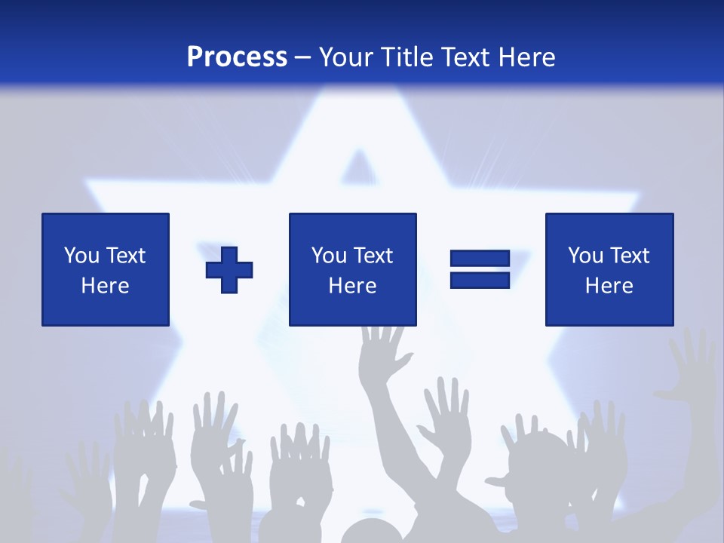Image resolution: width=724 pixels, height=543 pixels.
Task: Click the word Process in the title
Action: coord(237,57)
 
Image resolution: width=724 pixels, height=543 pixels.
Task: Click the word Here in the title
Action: coord(525,57)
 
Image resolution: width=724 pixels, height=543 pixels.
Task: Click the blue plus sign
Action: coord(229,269)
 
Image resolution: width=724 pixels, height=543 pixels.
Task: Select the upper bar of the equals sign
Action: coord(480,259)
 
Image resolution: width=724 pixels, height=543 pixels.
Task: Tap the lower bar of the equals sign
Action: coord(480,280)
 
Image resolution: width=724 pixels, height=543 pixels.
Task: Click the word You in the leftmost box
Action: coord(81,256)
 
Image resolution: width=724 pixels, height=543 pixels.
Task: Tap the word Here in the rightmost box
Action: coord(609,286)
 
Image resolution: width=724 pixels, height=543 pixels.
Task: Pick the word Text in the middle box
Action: coord(373,256)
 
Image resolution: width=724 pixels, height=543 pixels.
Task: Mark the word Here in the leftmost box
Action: coord(105,286)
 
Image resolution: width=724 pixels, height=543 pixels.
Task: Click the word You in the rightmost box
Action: coord(584,256)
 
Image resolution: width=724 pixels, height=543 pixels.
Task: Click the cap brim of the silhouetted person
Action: coord(499,480)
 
